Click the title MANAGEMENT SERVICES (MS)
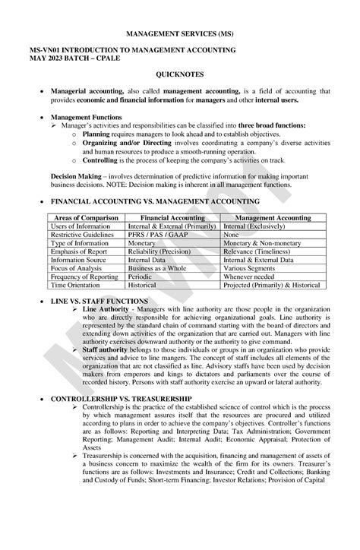coord(180,34)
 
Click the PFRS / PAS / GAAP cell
coord(153,235)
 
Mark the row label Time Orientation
coord(74,285)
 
